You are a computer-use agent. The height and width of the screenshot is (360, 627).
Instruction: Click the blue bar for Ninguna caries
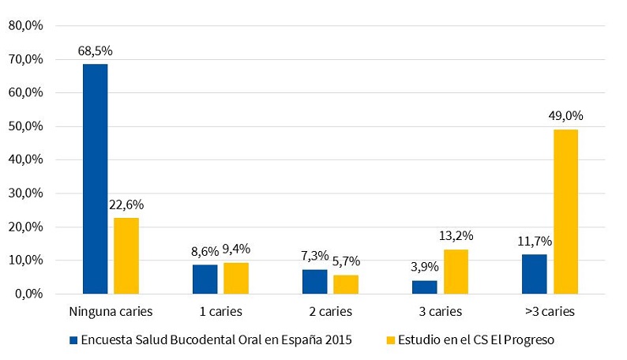point(95,178)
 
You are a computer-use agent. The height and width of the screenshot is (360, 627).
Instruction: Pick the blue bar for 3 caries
point(424,287)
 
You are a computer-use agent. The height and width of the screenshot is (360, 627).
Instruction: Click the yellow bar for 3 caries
point(455,272)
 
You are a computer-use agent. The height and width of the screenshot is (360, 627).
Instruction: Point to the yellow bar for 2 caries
point(345,284)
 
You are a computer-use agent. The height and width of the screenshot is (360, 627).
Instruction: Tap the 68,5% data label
point(95,51)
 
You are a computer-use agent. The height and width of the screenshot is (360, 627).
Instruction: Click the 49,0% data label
point(565,116)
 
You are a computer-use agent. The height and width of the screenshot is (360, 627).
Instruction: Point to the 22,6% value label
point(126,204)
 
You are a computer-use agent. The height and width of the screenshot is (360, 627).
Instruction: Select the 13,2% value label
point(456,236)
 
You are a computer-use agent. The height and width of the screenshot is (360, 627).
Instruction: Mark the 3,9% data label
point(424,267)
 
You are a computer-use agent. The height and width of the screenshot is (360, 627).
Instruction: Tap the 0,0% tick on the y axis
point(28,294)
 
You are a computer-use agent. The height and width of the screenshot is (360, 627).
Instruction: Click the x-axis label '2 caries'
point(330,311)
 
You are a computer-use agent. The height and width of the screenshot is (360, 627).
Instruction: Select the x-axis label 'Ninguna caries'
point(111,311)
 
